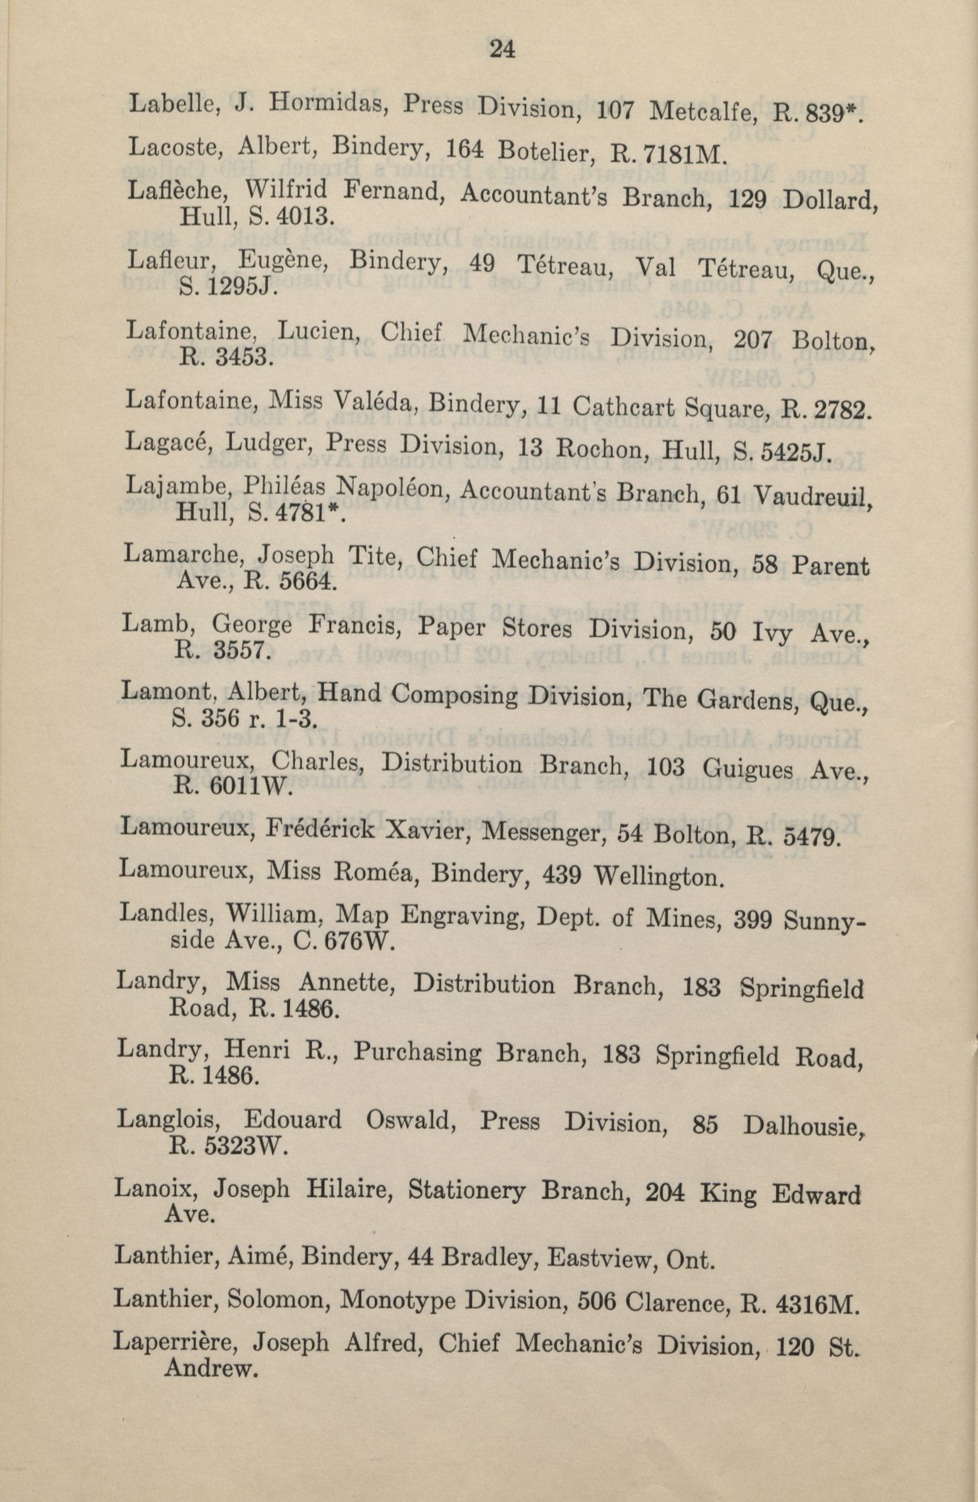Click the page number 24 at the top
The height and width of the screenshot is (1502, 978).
(502, 49)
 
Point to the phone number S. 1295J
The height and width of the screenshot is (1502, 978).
(226, 289)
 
